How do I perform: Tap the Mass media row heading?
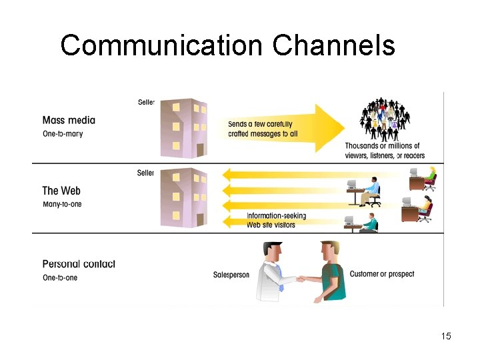point(69,121)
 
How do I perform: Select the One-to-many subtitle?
point(63,134)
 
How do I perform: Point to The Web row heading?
point(61,191)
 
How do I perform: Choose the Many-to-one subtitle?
point(62,204)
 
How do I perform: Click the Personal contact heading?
point(79,264)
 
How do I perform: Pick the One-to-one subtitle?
point(60,277)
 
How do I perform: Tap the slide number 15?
point(446,336)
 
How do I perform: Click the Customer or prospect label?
point(381,274)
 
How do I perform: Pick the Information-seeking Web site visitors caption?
point(271,220)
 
